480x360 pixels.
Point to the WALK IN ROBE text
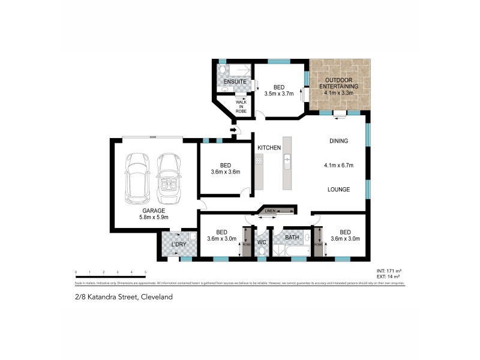(241, 106)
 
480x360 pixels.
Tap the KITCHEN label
(269, 148)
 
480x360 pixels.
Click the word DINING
(338, 141)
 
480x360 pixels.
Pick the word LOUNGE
(339, 189)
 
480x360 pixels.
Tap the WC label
(262, 242)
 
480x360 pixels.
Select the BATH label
(292, 238)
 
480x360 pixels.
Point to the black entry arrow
(233, 130)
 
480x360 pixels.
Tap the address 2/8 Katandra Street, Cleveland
(123, 296)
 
